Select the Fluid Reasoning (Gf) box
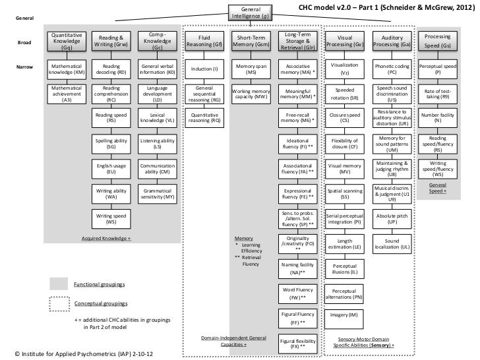coord(204,41)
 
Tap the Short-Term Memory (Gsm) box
coord(251,41)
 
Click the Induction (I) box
coord(204,69)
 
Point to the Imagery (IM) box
coord(344,315)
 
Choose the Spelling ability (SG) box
coord(111,144)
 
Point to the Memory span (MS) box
coord(251,69)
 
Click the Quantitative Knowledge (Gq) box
coord(67,41)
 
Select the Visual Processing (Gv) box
coord(344,41)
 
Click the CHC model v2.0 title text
coord(384,7)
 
